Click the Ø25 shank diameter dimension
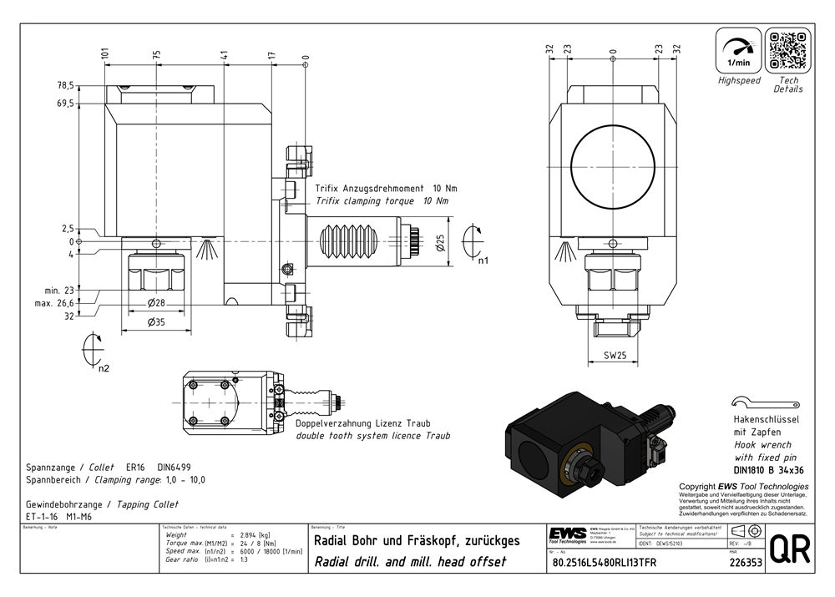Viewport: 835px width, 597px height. click(441, 243)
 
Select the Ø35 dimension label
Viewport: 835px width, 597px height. click(156, 323)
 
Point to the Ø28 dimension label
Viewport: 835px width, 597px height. click(156, 301)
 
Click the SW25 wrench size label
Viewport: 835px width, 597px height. click(615, 356)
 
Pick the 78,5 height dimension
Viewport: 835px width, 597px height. click(65, 85)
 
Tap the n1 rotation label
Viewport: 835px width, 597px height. click(483, 261)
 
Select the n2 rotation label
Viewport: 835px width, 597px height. click(104, 367)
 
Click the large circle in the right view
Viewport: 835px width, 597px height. click(614, 164)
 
